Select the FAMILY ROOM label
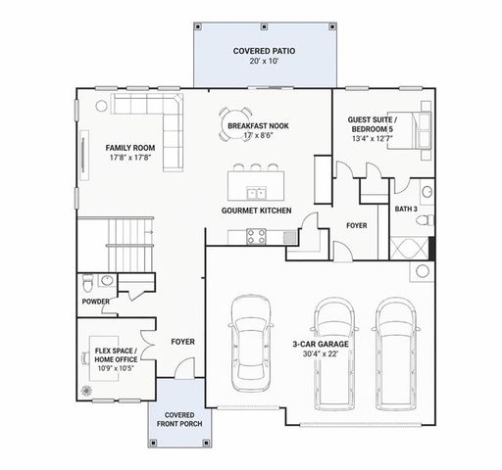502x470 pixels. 130,147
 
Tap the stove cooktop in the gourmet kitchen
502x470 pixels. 258,235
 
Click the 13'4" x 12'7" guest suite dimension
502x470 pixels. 372,138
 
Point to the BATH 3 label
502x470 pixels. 406,208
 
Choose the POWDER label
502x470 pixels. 95,301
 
